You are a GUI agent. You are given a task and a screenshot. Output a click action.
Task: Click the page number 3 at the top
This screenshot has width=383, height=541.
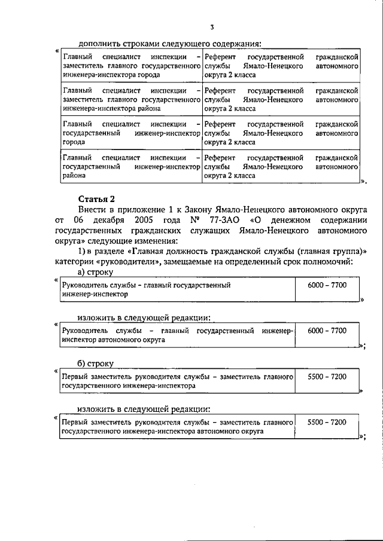(212, 26)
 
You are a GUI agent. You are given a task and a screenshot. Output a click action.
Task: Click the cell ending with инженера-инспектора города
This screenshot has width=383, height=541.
(130, 66)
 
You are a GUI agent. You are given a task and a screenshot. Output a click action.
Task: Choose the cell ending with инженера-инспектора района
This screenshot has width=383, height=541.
(130, 100)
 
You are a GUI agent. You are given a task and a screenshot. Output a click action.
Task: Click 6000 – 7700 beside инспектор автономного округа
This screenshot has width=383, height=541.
(327, 330)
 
